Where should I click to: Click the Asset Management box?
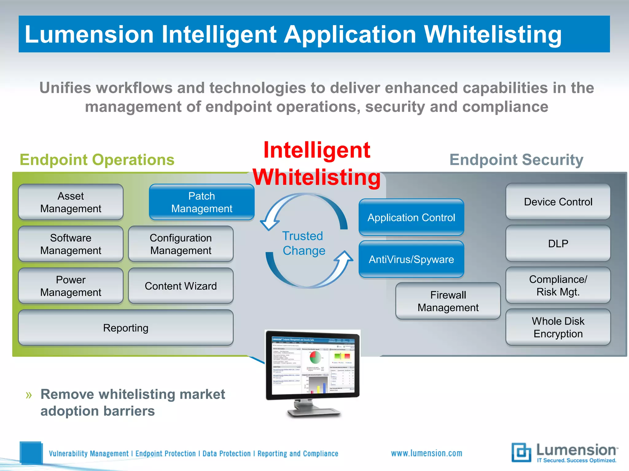(x=71, y=202)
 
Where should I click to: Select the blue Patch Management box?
(x=202, y=202)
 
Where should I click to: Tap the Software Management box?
(x=71, y=244)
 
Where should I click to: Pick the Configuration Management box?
(x=181, y=244)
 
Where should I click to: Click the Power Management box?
(x=71, y=286)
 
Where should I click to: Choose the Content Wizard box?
(x=181, y=286)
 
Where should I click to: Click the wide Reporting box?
(x=126, y=328)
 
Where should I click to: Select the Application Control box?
(x=411, y=217)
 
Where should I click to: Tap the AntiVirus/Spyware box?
(x=411, y=259)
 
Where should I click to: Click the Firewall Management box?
(x=448, y=301)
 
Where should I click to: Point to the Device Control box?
(x=558, y=202)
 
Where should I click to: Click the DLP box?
(x=558, y=243)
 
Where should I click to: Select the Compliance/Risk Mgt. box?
(x=558, y=285)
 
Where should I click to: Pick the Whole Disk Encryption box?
(x=558, y=327)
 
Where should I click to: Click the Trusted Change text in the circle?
(x=304, y=243)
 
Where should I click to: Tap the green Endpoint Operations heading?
(x=97, y=160)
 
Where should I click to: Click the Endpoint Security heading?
(x=516, y=160)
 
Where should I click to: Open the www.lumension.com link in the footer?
(x=426, y=453)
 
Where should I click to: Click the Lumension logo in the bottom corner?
(x=565, y=453)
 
